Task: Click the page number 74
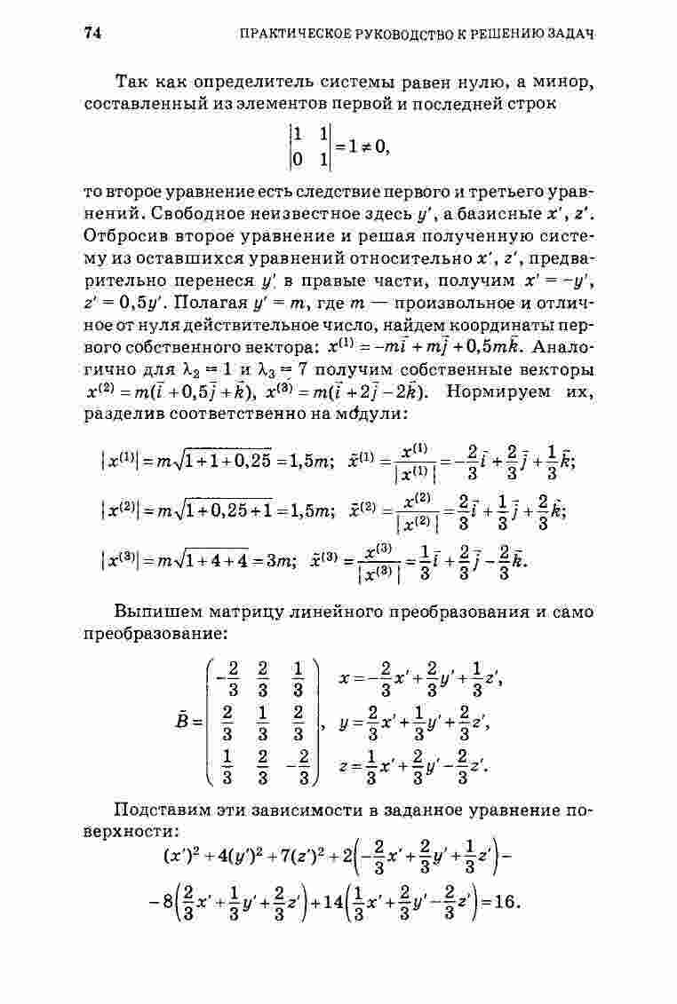click(x=94, y=34)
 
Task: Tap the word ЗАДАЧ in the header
click(x=572, y=35)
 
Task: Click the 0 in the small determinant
click(x=296, y=160)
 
